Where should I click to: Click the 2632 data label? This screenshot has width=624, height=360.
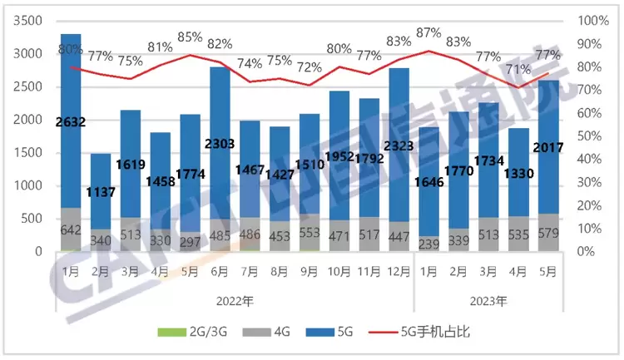tap(71, 123)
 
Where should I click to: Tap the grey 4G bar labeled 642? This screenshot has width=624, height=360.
tap(71, 230)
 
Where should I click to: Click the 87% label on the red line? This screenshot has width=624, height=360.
tap(428, 33)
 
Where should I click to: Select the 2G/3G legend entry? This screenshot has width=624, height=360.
tap(185, 332)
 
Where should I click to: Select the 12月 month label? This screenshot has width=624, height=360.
tap(398, 270)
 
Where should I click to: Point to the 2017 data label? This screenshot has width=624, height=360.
tap(547, 148)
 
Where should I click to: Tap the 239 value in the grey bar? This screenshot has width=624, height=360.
tap(428, 244)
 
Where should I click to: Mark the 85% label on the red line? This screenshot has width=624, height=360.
tap(190, 37)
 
